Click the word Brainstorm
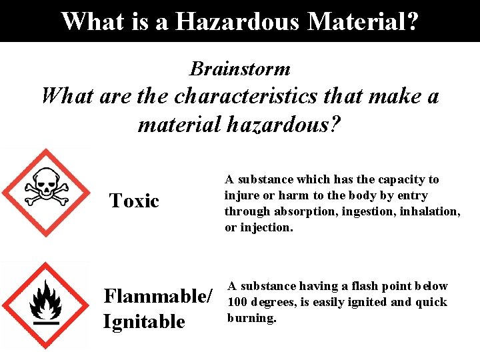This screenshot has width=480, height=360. (x=240, y=69)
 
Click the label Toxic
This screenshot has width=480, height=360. (x=134, y=201)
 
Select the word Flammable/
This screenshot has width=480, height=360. (x=159, y=295)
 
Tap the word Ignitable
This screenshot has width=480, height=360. (x=144, y=321)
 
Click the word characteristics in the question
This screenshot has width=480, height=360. (x=246, y=96)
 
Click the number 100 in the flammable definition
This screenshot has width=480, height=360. (x=237, y=302)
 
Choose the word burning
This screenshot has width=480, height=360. (x=251, y=318)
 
